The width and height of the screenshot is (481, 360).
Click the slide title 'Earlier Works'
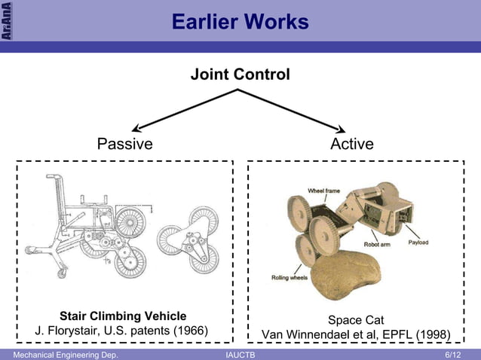click(240, 23)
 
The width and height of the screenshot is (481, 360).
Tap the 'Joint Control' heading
click(240, 75)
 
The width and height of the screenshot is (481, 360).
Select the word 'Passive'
click(124, 144)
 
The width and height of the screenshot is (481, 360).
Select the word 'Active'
click(351, 144)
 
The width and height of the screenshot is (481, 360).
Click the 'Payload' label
click(419, 243)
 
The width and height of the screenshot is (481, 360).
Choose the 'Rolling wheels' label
click(290, 278)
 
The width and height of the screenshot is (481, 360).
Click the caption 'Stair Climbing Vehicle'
click(123, 315)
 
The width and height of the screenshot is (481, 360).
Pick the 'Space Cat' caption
click(356, 320)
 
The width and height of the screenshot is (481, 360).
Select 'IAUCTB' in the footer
click(240, 354)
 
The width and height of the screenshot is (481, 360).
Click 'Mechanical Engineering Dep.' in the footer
click(60, 354)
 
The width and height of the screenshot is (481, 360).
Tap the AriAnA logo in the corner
click(6, 21)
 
